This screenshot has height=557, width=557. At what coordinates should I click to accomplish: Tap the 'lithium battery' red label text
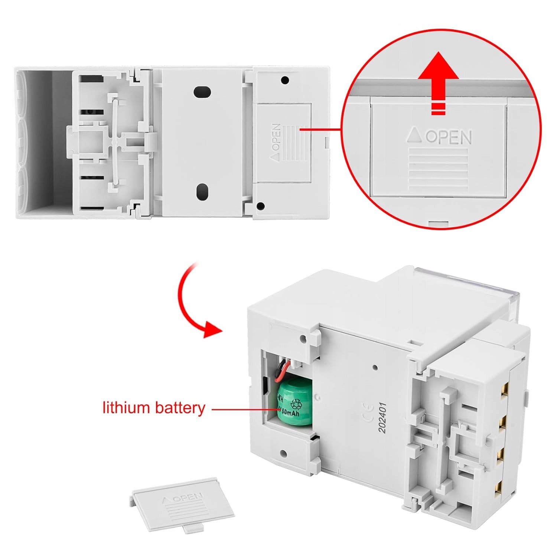coord(154,408)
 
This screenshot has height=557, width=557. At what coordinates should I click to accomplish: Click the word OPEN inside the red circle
coord(449,137)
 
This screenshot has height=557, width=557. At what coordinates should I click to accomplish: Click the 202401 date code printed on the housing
coord(382,417)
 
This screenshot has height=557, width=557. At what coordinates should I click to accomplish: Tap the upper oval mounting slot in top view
coord(202,92)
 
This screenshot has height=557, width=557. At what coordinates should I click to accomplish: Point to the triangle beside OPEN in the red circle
coord(414,135)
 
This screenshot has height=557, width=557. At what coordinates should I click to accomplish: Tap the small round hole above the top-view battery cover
coord(285,80)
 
